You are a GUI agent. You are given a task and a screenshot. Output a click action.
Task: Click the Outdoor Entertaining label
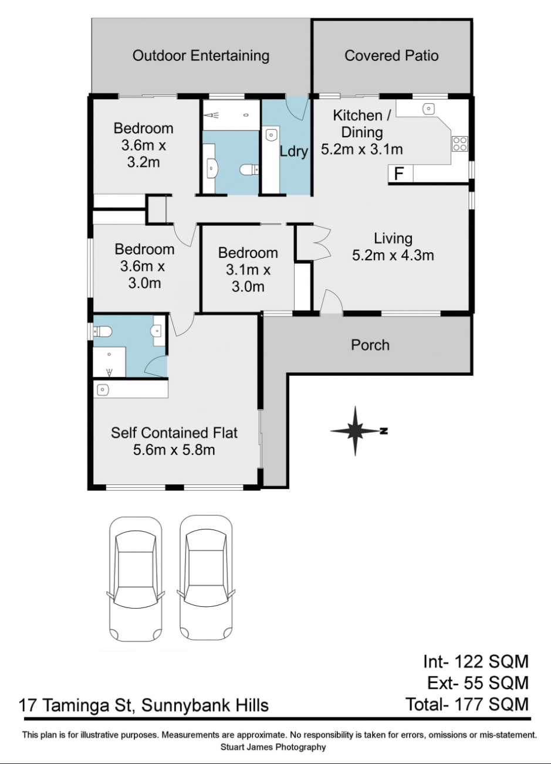(201, 56)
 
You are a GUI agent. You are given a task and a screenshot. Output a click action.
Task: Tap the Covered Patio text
(391, 56)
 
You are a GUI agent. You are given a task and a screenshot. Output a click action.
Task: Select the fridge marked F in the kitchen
(400, 174)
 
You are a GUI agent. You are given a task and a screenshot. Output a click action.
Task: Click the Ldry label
(293, 151)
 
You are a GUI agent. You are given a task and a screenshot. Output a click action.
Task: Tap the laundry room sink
(271, 134)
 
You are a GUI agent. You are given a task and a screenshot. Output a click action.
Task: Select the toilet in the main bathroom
(249, 170)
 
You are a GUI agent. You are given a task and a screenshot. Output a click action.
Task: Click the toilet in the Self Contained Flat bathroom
(103, 332)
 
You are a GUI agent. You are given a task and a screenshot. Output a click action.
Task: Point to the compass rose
(356, 431)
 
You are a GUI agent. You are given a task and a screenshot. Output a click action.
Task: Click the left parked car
(135, 579)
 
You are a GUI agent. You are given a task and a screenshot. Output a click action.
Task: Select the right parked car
(205, 579)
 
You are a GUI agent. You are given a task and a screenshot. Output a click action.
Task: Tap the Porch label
(370, 345)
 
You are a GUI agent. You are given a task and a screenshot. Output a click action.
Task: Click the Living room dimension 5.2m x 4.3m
(393, 255)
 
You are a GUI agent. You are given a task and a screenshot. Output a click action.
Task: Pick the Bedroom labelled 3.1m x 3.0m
(248, 270)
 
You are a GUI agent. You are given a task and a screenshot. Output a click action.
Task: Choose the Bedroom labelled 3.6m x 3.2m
(144, 145)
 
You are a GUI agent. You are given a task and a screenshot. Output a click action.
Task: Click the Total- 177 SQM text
(467, 703)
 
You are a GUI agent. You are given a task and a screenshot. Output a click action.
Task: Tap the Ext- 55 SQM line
(476, 682)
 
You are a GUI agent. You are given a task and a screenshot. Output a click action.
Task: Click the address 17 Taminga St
(144, 704)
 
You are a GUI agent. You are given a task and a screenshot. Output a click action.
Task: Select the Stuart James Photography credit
(273, 747)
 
